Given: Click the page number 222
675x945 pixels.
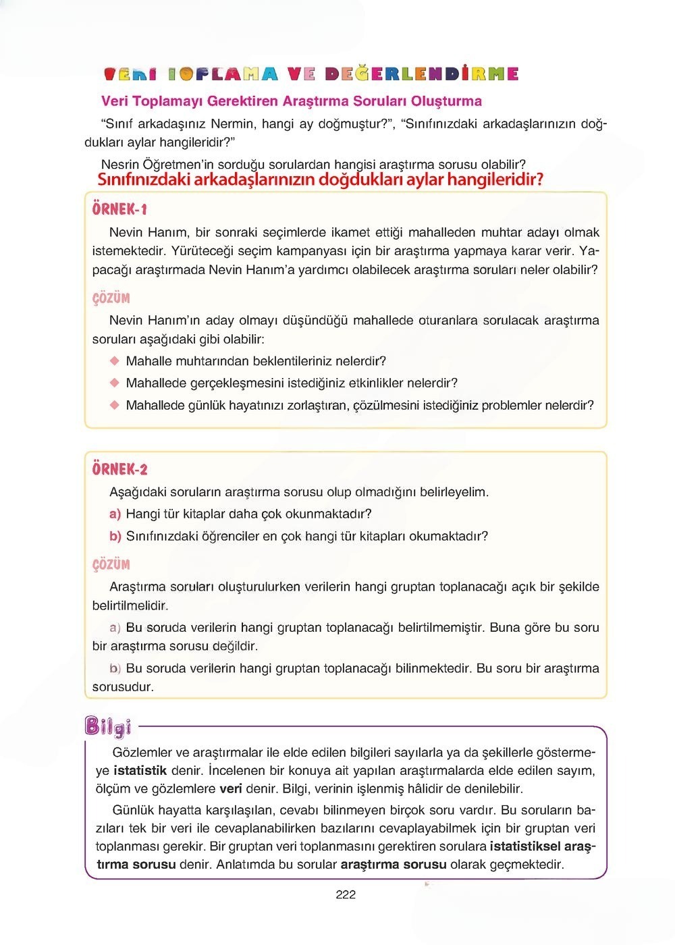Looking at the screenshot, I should click(x=345, y=894).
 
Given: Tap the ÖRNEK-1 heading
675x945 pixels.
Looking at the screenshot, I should click(x=119, y=209).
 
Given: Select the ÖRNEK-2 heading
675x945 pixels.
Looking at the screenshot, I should click(x=119, y=469).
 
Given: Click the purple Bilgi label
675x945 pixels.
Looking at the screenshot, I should click(x=108, y=726).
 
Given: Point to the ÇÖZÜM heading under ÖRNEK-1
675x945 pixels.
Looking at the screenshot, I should click(x=111, y=298).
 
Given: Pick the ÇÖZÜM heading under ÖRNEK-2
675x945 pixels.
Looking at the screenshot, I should click(x=111, y=564).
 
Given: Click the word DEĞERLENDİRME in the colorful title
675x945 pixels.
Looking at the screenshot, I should click(x=421, y=74).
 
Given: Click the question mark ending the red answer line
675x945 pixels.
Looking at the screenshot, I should click(x=539, y=180).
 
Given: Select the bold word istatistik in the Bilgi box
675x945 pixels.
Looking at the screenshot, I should click(x=140, y=770).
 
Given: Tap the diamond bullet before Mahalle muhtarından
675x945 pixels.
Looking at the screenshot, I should click(x=114, y=361).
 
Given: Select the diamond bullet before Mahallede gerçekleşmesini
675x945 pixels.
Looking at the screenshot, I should click(x=114, y=383).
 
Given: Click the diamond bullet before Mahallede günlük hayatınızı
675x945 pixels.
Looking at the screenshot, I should click(x=114, y=405).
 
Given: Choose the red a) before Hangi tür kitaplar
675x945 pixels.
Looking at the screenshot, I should click(x=115, y=514).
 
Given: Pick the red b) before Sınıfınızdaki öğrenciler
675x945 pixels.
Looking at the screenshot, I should click(x=115, y=536).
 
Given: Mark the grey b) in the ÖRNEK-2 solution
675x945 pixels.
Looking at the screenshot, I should click(x=115, y=668).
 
